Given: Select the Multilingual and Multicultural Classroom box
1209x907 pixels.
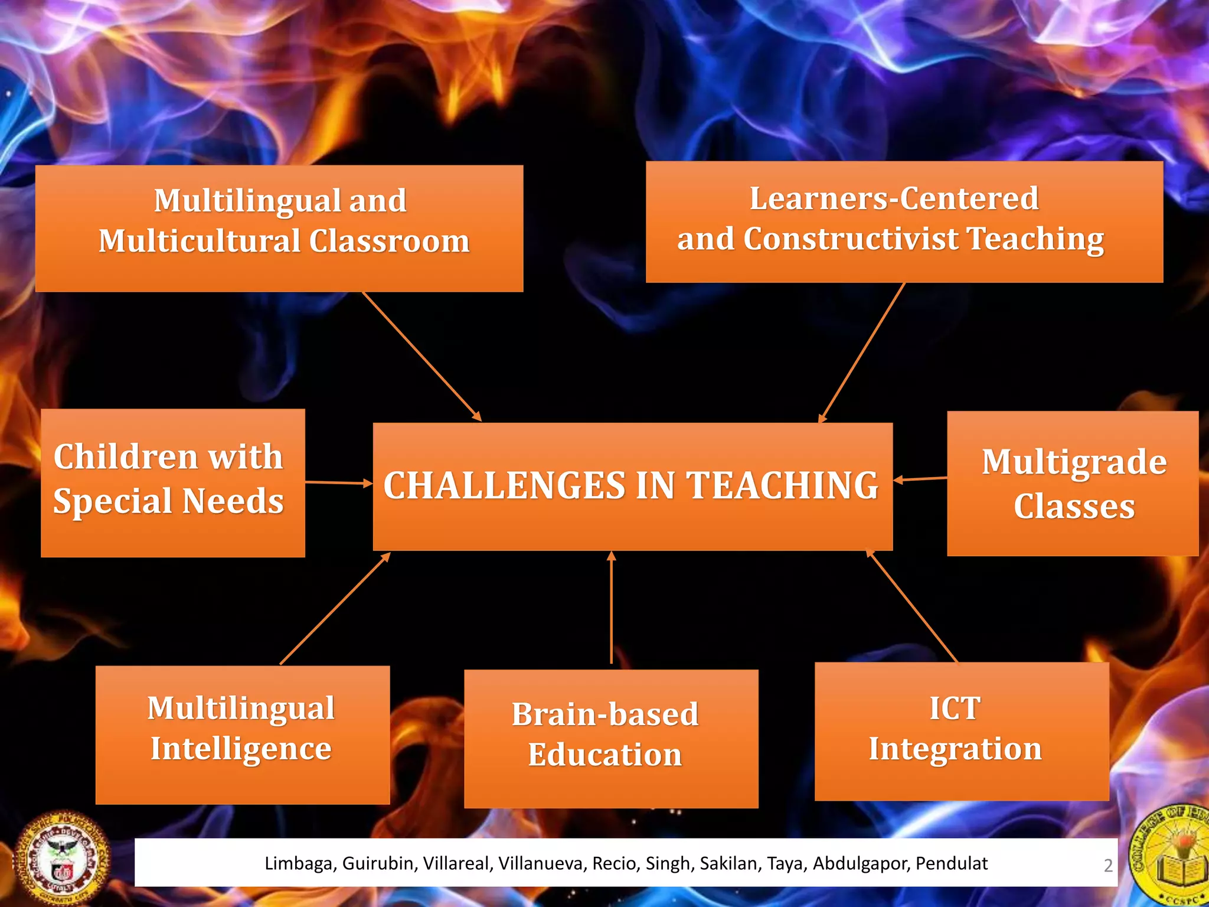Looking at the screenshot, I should pyautogui.click(x=279, y=228).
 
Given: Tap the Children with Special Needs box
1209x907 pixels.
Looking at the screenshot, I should pyautogui.click(x=172, y=482).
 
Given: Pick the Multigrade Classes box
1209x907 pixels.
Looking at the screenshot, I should pyautogui.click(x=1073, y=484).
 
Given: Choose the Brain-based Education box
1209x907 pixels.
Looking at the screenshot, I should pyautogui.click(x=611, y=738).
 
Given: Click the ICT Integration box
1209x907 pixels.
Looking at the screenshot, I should pyautogui.click(x=962, y=731).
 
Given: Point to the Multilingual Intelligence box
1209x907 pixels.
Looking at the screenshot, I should pyautogui.click(x=243, y=735).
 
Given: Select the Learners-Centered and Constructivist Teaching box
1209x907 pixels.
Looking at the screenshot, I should pyautogui.click(x=904, y=221).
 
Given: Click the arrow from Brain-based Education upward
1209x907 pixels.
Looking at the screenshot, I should pyautogui.click(x=611, y=608).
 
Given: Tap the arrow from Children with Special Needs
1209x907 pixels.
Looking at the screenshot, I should pyautogui.click(x=338, y=482).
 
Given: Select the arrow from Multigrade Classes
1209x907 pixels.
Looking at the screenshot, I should pyautogui.click(x=920, y=479).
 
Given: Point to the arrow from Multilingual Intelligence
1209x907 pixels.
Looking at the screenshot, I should pyautogui.click(x=335, y=609).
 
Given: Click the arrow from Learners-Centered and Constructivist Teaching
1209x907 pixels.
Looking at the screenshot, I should pyautogui.click(x=862, y=353).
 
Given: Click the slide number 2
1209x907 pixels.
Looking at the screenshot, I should pyautogui.click(x=1108, y=865).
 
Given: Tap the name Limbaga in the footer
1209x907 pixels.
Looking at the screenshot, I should pyautogui.click(x=298, y=863).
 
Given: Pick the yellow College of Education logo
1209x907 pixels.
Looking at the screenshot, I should pyautogui.click(x=1172, y=856).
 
